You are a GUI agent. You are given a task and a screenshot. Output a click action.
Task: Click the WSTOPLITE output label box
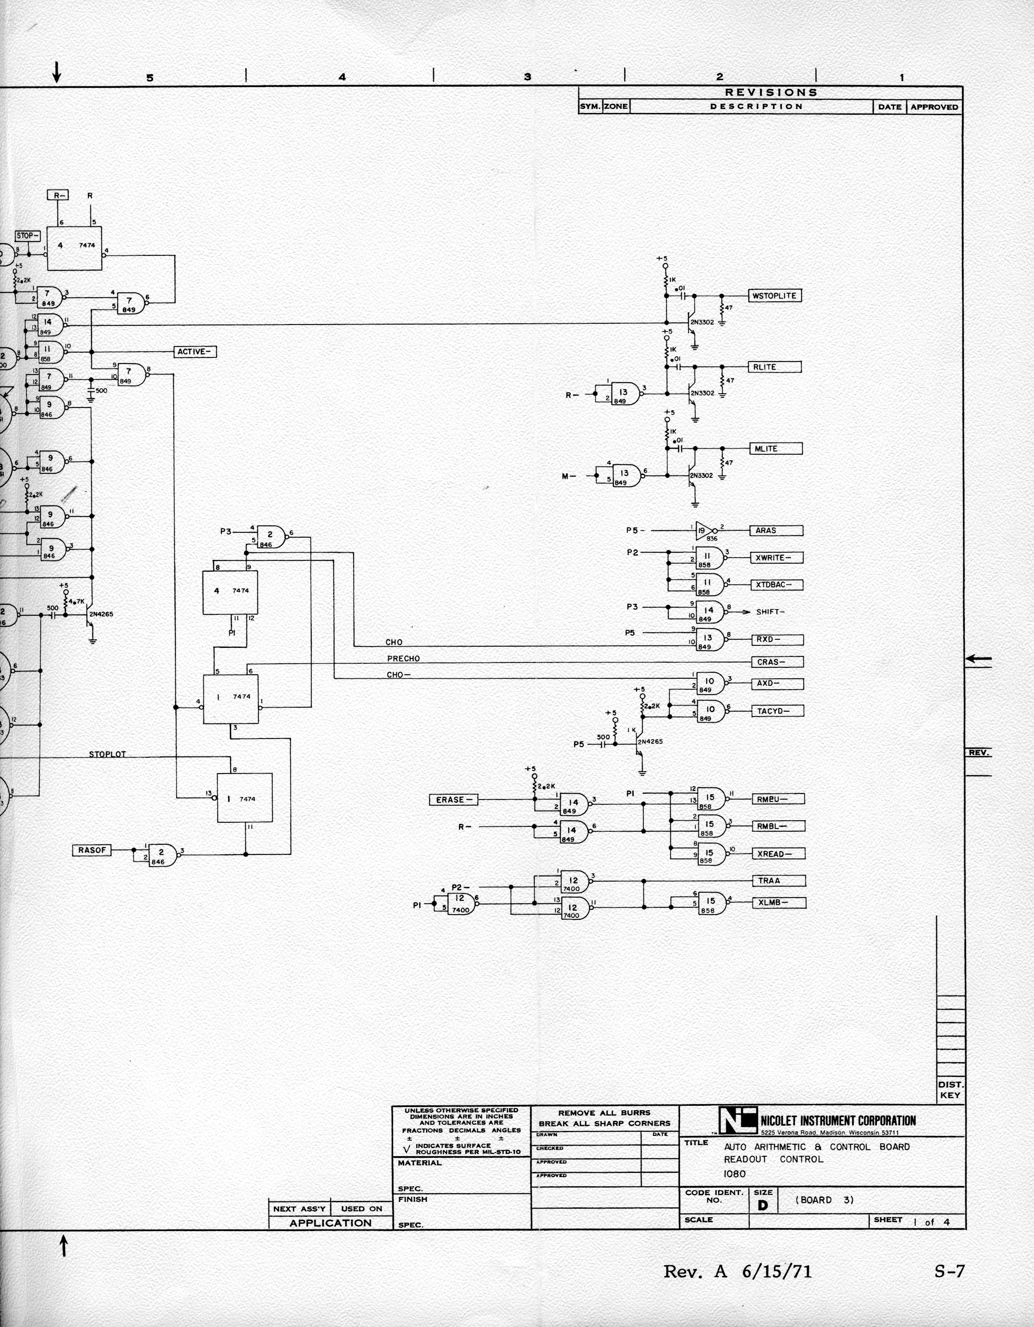(774, 296)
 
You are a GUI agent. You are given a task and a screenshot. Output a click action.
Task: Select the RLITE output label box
(774, 367)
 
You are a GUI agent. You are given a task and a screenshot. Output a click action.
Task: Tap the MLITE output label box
(774, 449)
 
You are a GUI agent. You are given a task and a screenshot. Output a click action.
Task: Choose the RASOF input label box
(92, 850)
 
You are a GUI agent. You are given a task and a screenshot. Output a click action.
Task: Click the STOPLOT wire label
(107, 754)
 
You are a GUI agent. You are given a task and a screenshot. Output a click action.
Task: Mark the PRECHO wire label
(403, 659)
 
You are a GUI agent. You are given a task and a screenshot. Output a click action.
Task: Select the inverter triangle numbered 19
(703, 530)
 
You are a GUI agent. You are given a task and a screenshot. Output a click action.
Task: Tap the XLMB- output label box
(780, 903)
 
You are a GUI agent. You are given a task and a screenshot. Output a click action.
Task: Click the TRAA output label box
(780, 881)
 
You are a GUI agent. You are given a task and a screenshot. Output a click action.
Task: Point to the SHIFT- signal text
(769, 612)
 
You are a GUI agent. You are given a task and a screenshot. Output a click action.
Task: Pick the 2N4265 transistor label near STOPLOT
(101, 614)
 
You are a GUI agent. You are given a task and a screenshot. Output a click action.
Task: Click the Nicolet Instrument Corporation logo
(737, 1120)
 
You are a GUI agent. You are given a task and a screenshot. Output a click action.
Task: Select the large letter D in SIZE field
(763, 1205)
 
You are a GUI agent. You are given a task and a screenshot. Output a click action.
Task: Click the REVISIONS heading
(770, 92)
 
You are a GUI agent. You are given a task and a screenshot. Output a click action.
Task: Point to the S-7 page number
(949, 1271)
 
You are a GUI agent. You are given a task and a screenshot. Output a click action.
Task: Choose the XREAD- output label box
(780, 854)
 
